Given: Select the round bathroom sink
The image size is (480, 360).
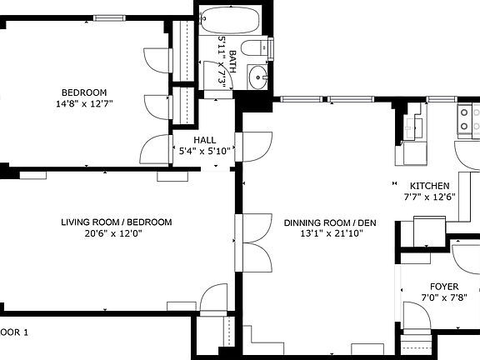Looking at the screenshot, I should (257, 80).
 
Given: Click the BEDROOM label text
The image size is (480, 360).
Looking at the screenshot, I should (84, 92).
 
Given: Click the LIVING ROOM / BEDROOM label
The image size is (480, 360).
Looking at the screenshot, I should (116, 222).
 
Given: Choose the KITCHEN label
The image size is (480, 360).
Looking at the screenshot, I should (429, 186).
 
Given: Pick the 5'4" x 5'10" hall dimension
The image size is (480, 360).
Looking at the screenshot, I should (205, 152).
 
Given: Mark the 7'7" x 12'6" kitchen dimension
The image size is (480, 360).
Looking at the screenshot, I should (429, 197).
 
